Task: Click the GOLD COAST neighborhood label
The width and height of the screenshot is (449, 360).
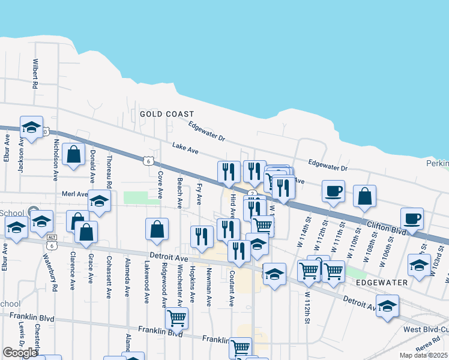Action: tap(167, 114)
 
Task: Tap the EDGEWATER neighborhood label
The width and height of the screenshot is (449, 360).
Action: tap(382, 282)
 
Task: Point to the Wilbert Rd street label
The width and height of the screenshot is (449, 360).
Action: tap(36, 73)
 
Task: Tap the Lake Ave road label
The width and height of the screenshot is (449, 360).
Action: tap(185, 148)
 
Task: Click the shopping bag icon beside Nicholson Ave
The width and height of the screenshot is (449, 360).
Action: tap(73, 154)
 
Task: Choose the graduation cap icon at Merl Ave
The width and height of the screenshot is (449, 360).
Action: tap(100, 201)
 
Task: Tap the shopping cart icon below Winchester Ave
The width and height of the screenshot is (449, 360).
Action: tap(176, 318)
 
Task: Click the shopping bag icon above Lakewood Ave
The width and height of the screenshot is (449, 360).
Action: tap(157, 229)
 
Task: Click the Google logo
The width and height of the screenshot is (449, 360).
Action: tap(20, 353)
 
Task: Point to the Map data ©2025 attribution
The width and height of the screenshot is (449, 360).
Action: tap(424, 355)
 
